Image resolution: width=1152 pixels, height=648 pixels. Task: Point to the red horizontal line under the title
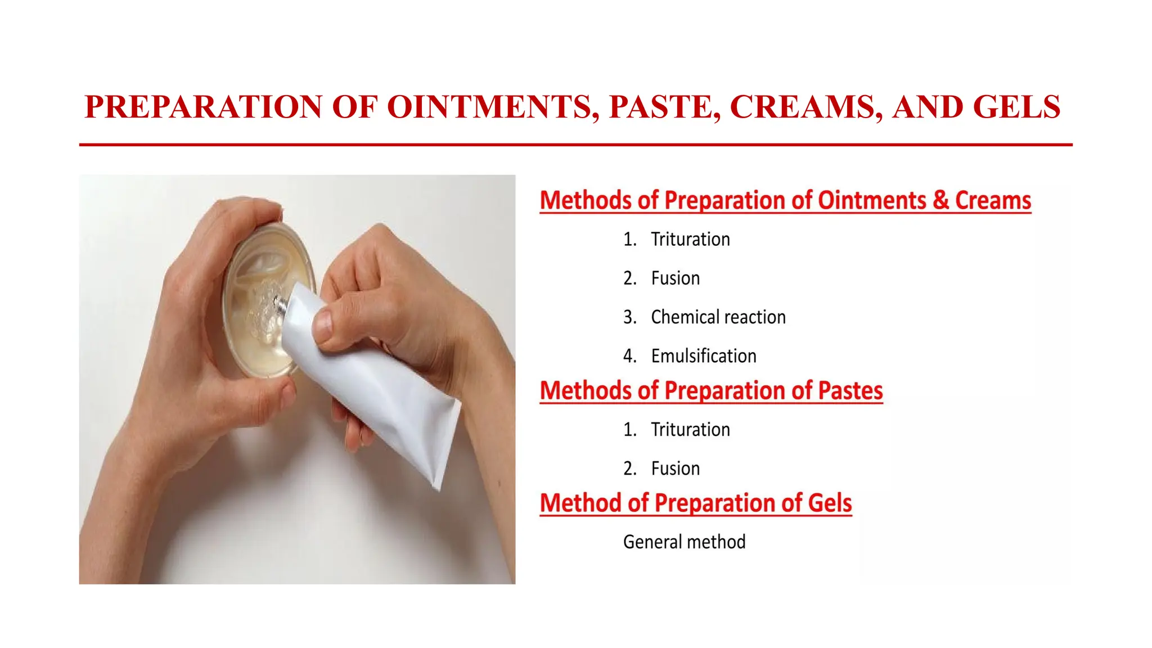point(575,145)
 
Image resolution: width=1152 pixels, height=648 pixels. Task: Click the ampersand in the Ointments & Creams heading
point(940,200)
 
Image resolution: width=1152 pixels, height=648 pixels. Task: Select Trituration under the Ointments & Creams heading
point(690,240)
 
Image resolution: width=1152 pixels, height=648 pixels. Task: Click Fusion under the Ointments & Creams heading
point(675,278)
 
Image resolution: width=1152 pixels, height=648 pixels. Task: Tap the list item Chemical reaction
point(718,317)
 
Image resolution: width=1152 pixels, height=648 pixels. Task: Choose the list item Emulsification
point(703,356)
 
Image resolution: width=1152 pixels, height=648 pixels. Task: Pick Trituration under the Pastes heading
point(690,430)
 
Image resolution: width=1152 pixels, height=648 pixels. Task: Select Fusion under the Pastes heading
point(675,469)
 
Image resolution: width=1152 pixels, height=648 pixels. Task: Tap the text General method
point(684,542)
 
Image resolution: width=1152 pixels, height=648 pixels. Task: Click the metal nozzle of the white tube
point(280,304)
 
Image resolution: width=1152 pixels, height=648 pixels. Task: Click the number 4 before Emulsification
point(629,356)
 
